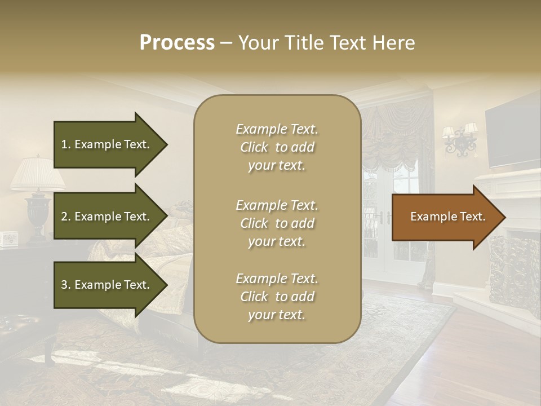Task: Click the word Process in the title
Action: tap(177, 43)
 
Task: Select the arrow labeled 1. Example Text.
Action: tap(107, 144)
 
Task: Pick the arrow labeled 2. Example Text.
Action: tap(107, 217)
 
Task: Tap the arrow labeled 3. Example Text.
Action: tap(107, 285)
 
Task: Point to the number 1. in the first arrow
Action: tap(65, 144)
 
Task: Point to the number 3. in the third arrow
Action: tap(65, 285)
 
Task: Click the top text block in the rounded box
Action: tap(277, 147)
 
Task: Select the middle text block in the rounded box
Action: tap(277, 223)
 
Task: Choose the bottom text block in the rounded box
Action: tap(277, 297)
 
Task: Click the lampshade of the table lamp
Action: tap(37, 173)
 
